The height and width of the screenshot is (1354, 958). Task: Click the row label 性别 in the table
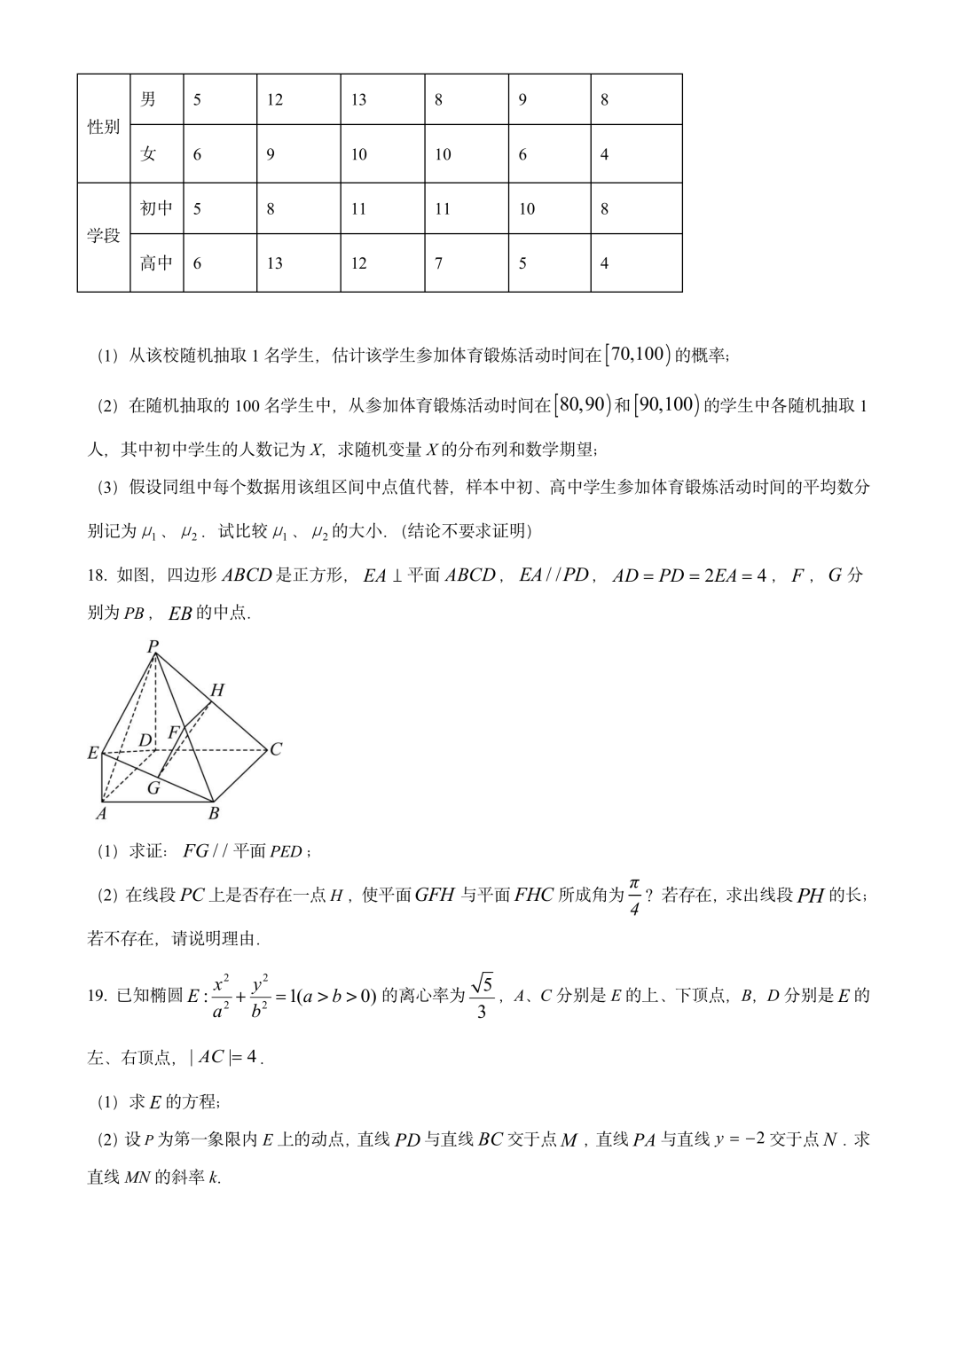(103, 128)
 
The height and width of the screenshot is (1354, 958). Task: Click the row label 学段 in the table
(103, 237)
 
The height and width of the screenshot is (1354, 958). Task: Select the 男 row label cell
(148, 99)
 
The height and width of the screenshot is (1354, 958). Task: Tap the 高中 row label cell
(156, 263)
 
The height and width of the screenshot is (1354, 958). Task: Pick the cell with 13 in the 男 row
(358, 99)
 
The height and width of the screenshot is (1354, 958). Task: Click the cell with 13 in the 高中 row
(275, 263)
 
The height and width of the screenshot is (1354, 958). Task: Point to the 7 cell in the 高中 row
(438, 263)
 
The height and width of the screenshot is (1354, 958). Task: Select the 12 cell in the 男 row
(275, 99)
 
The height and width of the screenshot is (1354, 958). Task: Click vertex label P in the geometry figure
(153, 646)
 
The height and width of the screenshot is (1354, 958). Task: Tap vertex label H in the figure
(216, 691)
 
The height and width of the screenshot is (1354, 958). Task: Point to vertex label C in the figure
(276, 749)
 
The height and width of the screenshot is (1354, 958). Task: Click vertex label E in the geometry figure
(93, 754)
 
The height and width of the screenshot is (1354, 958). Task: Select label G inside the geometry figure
(153, 787)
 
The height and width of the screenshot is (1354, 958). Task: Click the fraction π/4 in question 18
(634, 896)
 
